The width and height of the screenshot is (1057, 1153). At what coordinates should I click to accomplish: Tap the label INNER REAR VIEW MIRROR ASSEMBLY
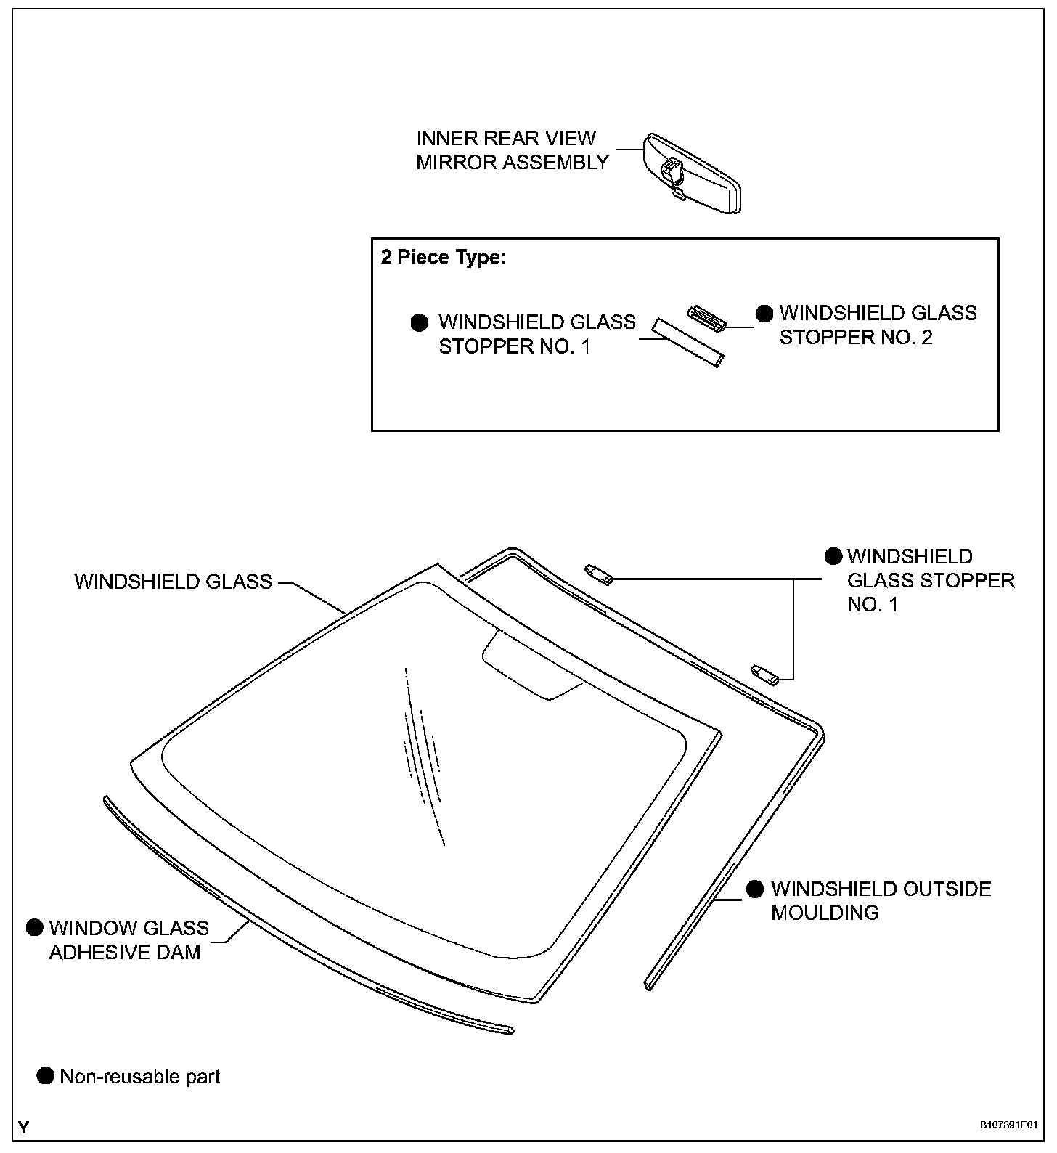(x=512, y=150)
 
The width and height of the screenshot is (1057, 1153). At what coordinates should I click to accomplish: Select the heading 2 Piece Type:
(x=443, y=258)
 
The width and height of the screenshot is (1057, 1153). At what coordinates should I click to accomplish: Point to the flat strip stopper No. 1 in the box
(x=687, y=342)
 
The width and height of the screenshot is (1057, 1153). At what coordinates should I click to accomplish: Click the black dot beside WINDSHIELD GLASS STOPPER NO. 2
(x=764, y=314)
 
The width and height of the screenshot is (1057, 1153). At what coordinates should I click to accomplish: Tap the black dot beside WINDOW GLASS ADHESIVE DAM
(x=35, y=927)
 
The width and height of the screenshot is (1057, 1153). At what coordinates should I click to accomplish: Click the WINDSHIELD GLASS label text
(x=173, y=582)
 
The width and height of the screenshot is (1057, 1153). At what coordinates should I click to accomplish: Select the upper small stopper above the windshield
(x=600, y=574)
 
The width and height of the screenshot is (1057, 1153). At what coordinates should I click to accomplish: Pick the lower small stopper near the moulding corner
(x=765, y=675)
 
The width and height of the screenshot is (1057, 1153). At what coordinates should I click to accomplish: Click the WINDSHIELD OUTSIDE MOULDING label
(x=880, y=900)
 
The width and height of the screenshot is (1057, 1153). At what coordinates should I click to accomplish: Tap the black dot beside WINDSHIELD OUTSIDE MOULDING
(x=755, y=889)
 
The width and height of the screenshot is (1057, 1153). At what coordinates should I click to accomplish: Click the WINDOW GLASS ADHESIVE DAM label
(x=128, y=940)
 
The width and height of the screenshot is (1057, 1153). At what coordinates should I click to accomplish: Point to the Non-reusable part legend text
(x=139, y=1076)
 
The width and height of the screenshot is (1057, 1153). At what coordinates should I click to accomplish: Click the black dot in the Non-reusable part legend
(x=45, y=1075)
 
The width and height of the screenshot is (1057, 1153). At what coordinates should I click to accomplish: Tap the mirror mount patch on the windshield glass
(x=534, y=664)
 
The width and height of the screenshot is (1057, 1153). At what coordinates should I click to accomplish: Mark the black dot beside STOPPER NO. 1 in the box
(x=420, y=323)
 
